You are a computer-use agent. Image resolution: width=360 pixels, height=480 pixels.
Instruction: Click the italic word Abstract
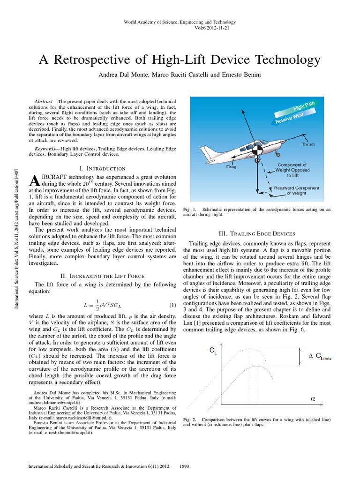tap(45, 101)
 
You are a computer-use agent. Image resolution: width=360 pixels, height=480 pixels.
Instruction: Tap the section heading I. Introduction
tap(103, 168)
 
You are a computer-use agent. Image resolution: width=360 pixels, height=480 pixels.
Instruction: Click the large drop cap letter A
tap(33, 181)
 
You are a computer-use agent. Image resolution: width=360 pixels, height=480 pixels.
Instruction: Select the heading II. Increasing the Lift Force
tap(103, 276)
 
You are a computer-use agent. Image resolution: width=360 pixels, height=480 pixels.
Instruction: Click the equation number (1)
tap(172, 305)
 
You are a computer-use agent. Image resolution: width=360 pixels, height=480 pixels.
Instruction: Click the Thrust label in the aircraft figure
tap(308, 145)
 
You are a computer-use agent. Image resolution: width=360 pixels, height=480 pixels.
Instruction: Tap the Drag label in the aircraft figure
tap(231, 166)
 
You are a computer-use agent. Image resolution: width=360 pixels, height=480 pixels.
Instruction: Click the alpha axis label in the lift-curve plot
tap(313, 398)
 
